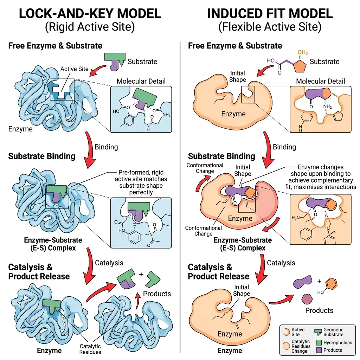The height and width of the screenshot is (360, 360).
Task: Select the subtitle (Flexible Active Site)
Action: click(x=270, y=27)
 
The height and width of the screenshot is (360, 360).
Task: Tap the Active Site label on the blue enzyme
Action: click(x=74, y=69)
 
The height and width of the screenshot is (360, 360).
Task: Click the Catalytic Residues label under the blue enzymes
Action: click(x=90, y=349)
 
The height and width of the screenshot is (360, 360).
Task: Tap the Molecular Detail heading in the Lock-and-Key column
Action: click(x=141, y=81)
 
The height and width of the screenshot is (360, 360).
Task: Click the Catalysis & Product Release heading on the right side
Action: click(x=218, y=272)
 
